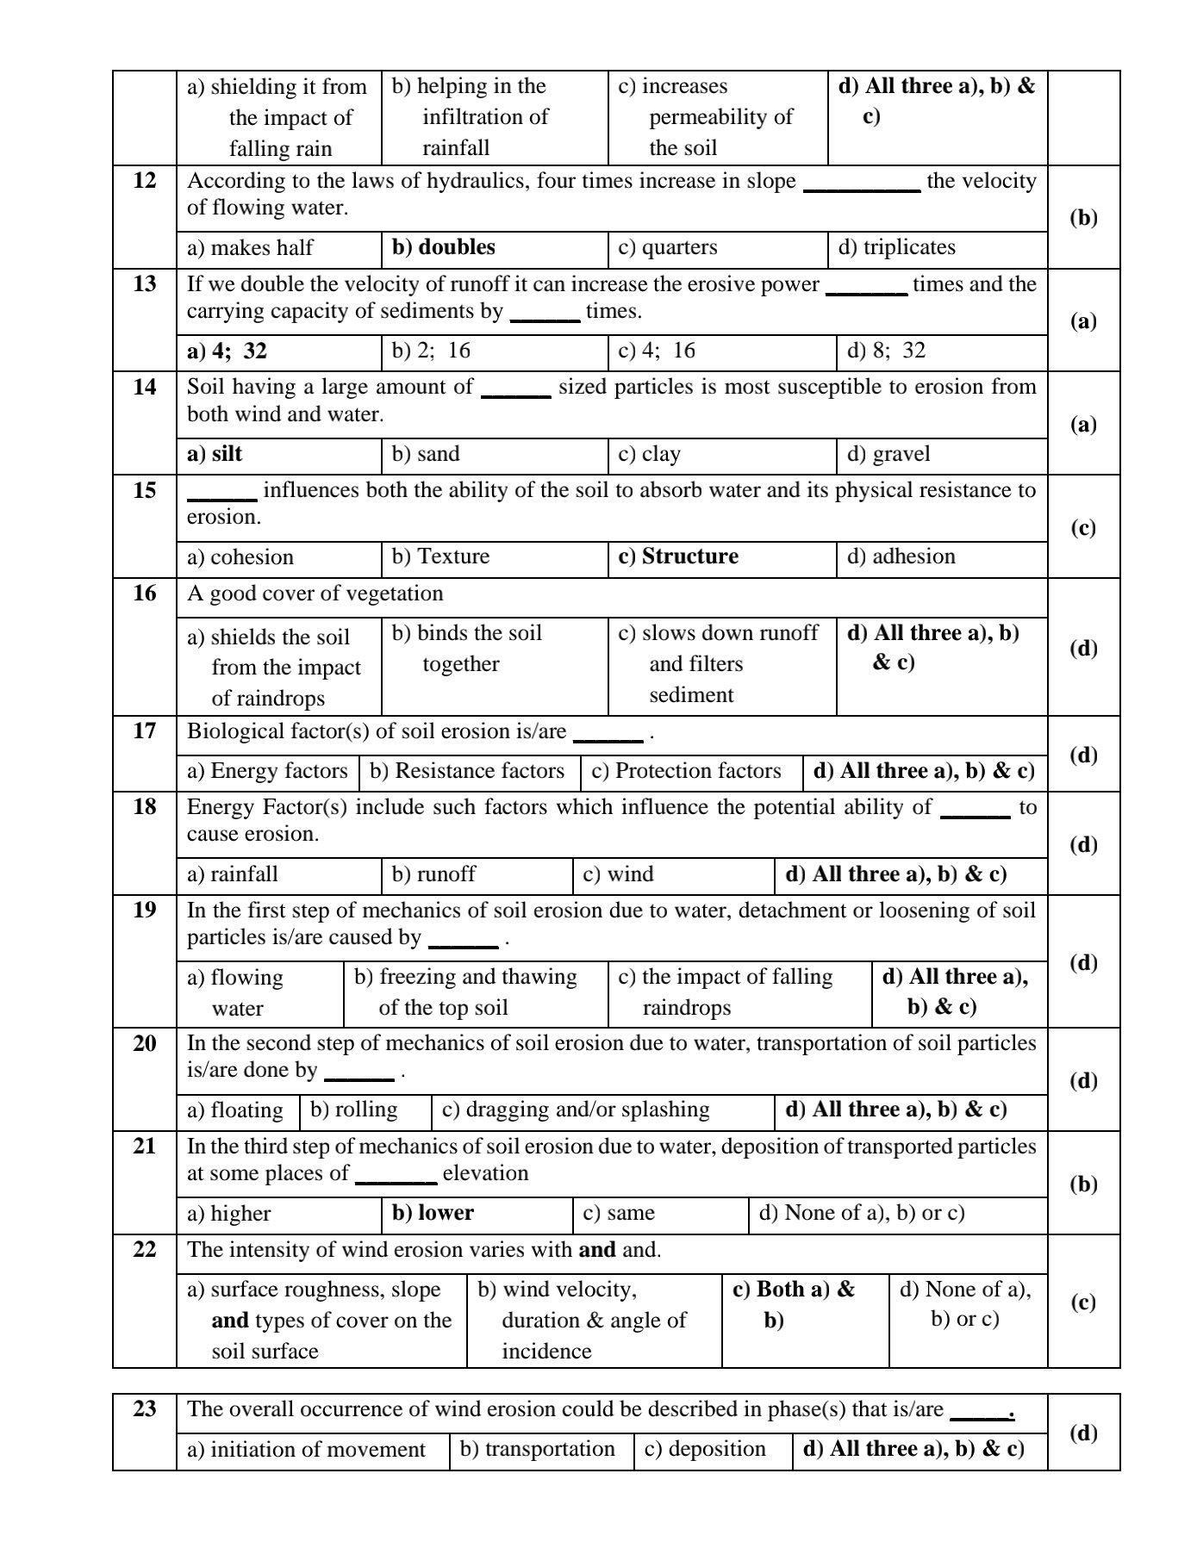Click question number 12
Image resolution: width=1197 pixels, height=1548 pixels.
pos(145,181)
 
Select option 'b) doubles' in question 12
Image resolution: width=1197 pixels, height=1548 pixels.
pos(443,247)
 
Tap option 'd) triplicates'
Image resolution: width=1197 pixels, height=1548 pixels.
pos(896,247)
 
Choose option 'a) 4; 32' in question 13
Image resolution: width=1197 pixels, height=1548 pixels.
pos(227,351)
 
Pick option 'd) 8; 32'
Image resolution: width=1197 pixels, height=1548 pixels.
pos(886,351)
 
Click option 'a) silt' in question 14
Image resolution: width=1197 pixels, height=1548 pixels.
pos(215,454)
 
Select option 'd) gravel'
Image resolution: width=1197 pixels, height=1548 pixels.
pos(888,454)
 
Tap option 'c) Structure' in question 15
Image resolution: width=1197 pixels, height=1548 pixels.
pos(678,556)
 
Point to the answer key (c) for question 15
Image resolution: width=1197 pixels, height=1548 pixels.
pos(1083,527)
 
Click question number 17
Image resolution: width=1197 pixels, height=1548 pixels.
pos(145,731)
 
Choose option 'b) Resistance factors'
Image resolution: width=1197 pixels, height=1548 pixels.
pos(467,771)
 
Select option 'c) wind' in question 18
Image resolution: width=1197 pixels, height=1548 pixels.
pos(618,874)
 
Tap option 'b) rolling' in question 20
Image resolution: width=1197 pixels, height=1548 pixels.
pos(353,1110)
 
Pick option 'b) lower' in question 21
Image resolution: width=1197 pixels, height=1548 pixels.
pos(433,1213)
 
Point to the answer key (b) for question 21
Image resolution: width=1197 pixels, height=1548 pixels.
pos(1083,1184)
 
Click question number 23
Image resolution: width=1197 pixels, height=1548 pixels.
pos(145,1409)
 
